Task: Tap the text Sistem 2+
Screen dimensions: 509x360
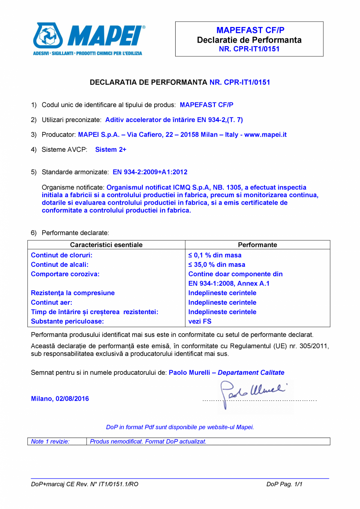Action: [x=111, y=149]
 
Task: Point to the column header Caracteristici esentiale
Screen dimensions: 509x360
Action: [x=106, y=245]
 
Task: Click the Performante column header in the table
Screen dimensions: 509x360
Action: [x=257, y=245]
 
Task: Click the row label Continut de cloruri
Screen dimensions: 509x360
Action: [x=61, y=255]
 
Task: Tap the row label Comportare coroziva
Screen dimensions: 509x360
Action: [x=65, y=274]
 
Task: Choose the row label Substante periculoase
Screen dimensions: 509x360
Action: [x=67, y=321]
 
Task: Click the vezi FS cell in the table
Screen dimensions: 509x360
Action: [x=200, y=321]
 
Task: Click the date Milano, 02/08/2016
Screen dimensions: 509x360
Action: [x=60, y=399]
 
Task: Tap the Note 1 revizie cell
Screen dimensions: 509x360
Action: [x=50, y=441]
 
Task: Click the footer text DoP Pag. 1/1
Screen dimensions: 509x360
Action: [x=284, y=484]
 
